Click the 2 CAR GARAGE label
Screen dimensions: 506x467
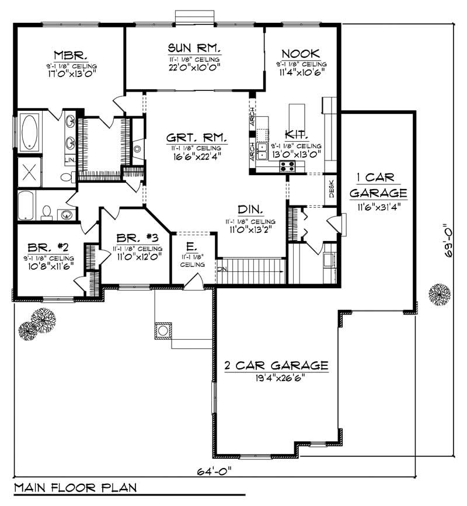[276, 366]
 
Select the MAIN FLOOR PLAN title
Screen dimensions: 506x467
[74, 487]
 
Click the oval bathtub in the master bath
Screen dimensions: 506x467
[29, 132]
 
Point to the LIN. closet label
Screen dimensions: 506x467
[69, 159]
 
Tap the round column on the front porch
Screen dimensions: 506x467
[163, 331]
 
